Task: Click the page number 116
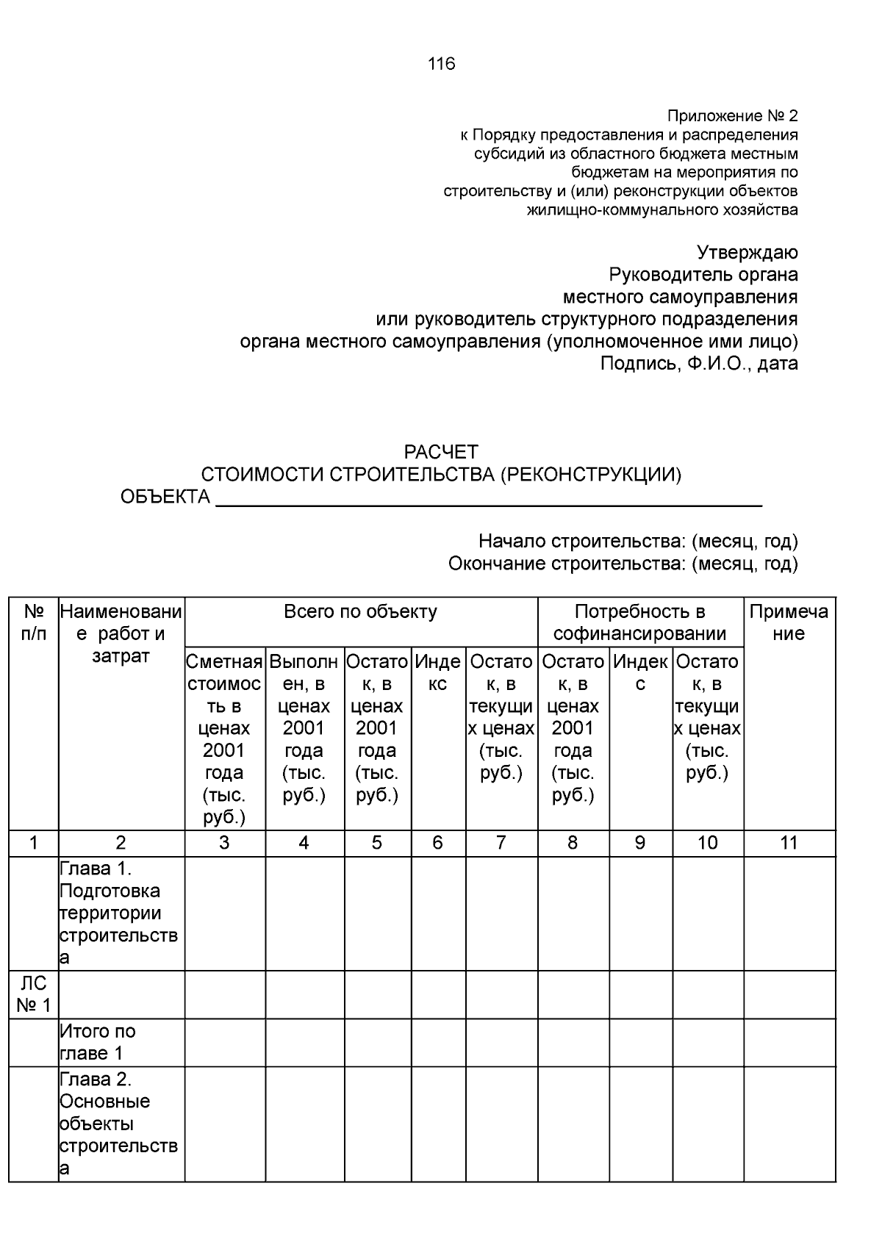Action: point(441,64)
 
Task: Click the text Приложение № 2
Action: point(732,116)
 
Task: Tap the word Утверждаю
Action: point(747,253)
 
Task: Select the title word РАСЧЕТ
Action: point(441,451)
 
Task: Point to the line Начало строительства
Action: point(637,542)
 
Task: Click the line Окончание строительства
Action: point(623,564)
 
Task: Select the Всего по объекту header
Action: point(360,611)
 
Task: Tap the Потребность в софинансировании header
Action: point(639,622)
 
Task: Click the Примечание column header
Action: point(789,622)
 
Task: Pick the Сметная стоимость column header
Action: point(224,739)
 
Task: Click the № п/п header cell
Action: point(34,622)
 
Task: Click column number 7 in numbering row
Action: point(501,843)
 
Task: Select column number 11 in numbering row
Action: point(789,843)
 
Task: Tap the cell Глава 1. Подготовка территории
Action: point(120,913)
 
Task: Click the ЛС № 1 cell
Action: point(33,994)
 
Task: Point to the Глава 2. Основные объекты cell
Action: point(120,1124)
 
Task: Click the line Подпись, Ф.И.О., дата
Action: point(699,364)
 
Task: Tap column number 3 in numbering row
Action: point(224,843)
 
